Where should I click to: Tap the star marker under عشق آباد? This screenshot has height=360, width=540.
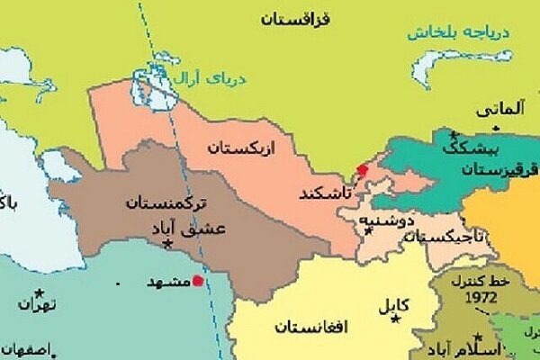pyautogui.click(x=167, y=243)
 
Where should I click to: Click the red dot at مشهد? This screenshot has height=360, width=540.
pyautogui.click(x=198, y=280)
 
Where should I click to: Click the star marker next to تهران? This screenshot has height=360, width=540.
pyautogui.click(x=39, y=292)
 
